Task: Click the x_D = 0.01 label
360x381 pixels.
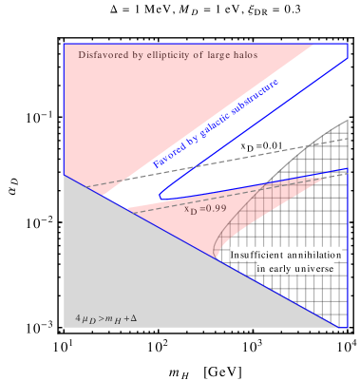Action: pyautogui.click(x=261, y=145)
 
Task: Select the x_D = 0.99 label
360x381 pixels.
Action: pyautogui.click(x=205, y=207)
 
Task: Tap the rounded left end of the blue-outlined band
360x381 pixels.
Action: pyautogui.click(x=162, y=195)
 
